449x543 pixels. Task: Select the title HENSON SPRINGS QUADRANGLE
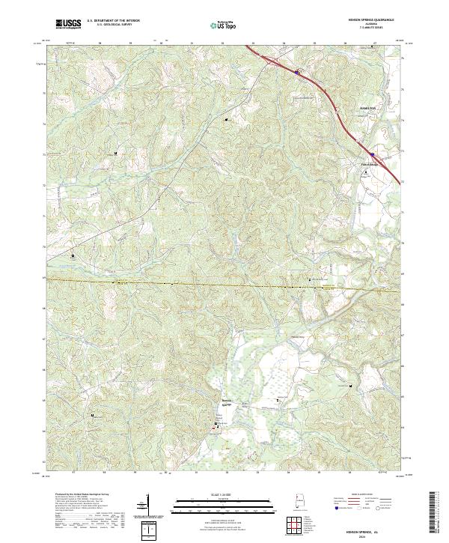[369, 21]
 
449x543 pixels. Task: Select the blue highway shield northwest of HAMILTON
[297, 73]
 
